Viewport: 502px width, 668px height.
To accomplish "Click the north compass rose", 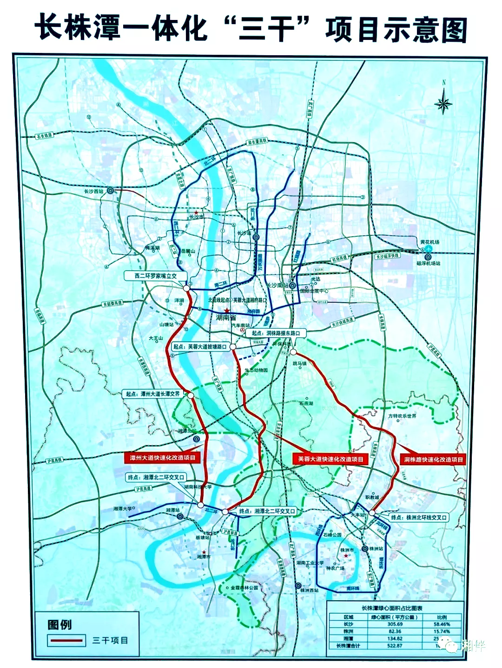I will coord(443,103).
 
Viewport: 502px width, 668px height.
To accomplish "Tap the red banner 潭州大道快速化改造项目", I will coord(162,458).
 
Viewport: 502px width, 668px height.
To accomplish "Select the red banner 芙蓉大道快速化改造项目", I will coord(330,459).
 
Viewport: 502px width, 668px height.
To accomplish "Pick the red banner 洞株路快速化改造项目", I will coord(433,460).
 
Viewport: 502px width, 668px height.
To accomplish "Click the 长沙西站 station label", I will coord(93,191).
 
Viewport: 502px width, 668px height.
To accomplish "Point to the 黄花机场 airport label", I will coord(429,242).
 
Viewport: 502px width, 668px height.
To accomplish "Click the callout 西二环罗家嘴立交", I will coord(155,276).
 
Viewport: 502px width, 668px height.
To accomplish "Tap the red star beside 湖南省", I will coord(226,311).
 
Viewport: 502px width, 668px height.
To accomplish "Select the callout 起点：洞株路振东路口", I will coord(276,333).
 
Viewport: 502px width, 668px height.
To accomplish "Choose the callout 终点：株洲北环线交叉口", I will coord(418,517).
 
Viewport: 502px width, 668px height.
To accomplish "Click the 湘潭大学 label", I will coord(122,509).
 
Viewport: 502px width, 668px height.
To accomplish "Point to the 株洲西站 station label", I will coord(310,590).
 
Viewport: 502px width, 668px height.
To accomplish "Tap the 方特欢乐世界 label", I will coord(402,416).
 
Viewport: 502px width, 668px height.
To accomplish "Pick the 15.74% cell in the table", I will coord(442,631).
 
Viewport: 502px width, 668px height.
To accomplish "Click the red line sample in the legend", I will coord(66,641).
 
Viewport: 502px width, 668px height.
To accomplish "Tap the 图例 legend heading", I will coord(59,625).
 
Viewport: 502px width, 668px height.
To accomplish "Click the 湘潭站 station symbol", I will coord(180,516).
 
